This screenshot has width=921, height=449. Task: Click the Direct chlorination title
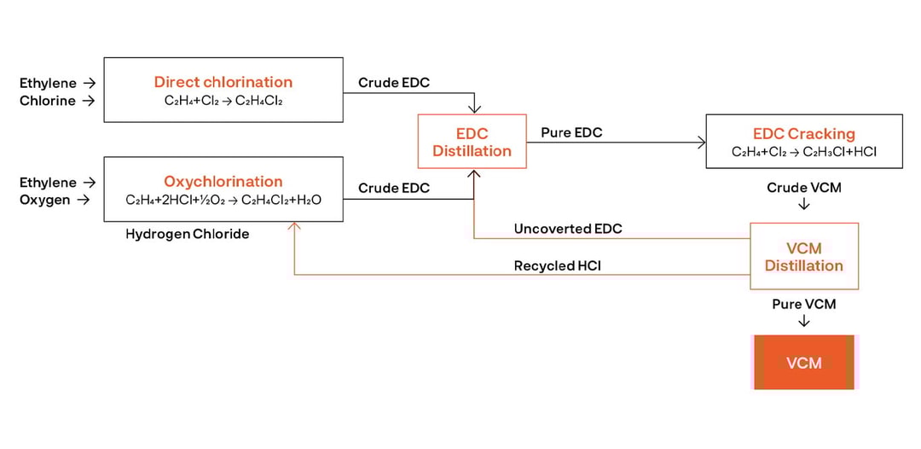[223, 82]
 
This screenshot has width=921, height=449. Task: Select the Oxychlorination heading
[223, 181]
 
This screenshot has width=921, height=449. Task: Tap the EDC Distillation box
[472, 143]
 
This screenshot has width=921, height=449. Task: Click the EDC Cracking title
[803, 134]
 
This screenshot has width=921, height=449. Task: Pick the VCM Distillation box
[803, 257]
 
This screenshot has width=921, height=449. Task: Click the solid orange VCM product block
[803, 363]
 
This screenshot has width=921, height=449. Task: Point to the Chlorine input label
[48, 101]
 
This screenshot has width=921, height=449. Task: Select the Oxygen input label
[44, 201]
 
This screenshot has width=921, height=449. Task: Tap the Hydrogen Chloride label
[188, 234]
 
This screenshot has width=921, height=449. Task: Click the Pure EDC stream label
[571, 132]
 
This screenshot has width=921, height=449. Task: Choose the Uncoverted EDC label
[568, 229]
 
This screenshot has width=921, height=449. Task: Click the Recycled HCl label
[557, 265]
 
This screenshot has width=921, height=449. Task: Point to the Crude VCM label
[803, 187]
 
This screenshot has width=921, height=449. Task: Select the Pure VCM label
[803, 304]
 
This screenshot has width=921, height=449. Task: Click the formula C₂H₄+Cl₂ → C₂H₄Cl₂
[223, 101]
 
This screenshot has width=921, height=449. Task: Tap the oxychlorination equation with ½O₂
[223, 201]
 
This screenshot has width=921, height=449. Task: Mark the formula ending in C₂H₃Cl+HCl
[803, 152]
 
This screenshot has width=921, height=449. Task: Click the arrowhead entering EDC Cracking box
[702, 143]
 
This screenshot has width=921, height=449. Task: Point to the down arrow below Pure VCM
[803, 322]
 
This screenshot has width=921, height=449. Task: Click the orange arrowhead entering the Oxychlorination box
[294, 226]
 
